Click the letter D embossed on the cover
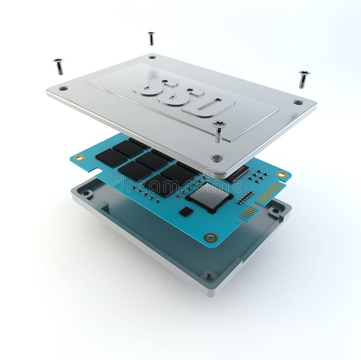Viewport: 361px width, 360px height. click(x=208, y=106)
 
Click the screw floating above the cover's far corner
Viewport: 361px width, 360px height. click(x=151, y=38)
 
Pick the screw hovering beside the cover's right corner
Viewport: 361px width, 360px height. click(x=304, y=78)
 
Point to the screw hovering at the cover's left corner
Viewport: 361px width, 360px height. click(x=58, y=66)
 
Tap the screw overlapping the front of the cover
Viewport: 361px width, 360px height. click(x=219, y=131)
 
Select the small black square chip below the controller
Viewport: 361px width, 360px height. click(x=185, y=212)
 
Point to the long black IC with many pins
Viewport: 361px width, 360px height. click(x=237, y=173)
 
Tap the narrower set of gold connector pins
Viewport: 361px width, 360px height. click(x=248, y=212)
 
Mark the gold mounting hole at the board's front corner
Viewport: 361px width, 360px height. click(x=210, y=237)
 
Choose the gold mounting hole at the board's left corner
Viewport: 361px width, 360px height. click(x=79, y=158)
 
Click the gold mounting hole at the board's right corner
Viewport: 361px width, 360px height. click(x=281, y=174)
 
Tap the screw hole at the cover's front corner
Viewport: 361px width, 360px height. click(x=217, y=158)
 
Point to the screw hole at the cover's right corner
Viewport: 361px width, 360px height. click(x=298, y=102)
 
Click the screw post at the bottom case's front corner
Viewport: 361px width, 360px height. click(x=208, y=276)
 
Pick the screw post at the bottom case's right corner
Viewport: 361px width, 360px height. click(x=275, y=210)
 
